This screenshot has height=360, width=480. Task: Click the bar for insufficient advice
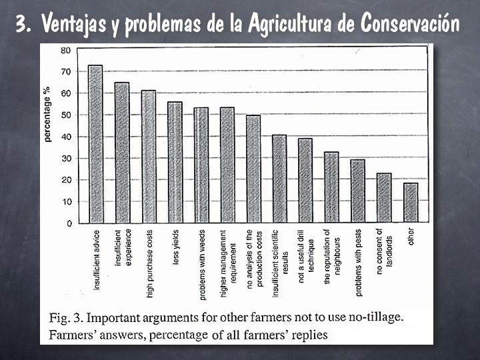[x=95, y=143]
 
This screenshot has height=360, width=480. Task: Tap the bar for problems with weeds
[x=201, y=165]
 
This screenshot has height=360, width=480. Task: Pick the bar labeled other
[x=411, y=203]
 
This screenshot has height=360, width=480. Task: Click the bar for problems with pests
[x=358, y=191]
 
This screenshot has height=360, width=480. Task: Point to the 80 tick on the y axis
[x=66, y=50]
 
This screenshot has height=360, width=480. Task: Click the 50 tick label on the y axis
[x=66, y=115]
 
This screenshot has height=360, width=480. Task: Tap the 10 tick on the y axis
[x=66, y=201]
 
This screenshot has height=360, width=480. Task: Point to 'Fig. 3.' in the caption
[x=67, y=317]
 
